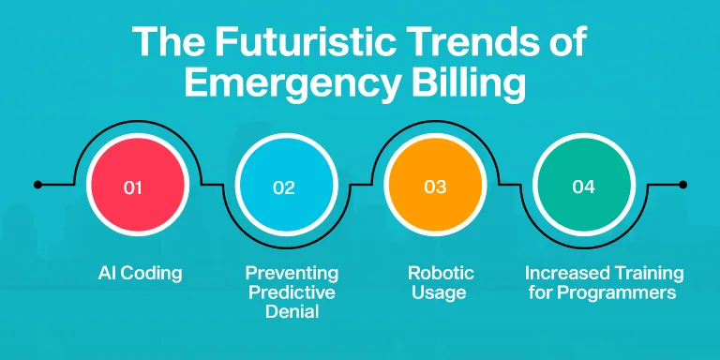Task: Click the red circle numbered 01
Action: coord(138,185)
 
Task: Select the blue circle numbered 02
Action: coord(287,185)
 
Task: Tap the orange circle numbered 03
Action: coord(435,185)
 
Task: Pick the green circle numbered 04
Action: coord(584,185)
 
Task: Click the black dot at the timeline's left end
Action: coord(37,185)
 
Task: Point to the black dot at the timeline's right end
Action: coord(682,185)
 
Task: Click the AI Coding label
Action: coord(140,274)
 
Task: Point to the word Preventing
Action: coord(292,273)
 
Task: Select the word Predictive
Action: coord(292,292)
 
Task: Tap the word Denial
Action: coord(292,312)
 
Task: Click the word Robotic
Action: coord(441,273)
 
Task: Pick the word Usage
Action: coord(439,292)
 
